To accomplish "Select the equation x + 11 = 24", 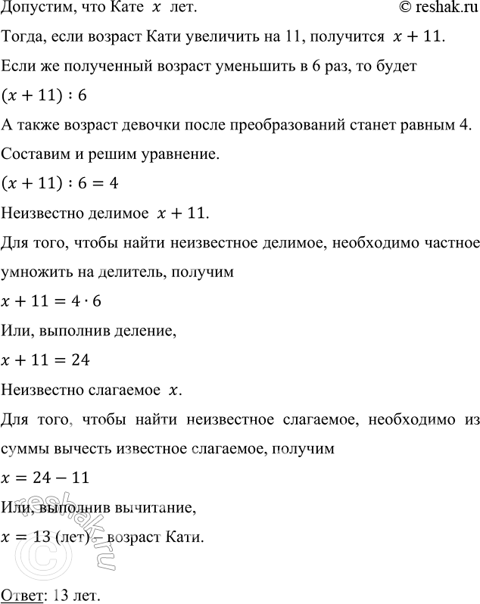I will [46, 361].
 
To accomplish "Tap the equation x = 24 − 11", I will [47, 478].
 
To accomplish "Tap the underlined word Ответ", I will [21, 591].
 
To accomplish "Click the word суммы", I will [25, 449].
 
